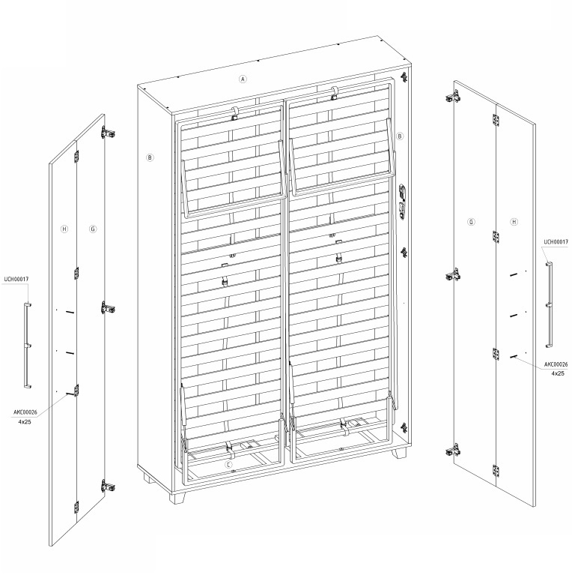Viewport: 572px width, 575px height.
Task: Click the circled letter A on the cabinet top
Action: click(x=243, y=79)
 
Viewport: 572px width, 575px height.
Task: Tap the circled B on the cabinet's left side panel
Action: click(x=150, y=157)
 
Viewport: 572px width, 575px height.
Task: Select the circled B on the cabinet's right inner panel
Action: click(x=400, y=136)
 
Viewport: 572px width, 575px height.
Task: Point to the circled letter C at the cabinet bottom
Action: click(x=228, y=466)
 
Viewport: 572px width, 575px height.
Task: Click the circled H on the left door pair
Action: click(x=64, y=229)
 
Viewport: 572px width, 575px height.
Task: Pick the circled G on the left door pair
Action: click(x=93, y=229)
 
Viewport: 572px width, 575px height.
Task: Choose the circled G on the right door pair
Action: click(x=471, y=222)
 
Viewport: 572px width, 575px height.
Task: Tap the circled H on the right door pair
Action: click(x=514, y=222)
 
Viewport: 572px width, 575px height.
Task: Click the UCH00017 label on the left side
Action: click(x=16, y=279)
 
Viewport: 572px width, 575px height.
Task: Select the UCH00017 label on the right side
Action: click(x=556, y=241)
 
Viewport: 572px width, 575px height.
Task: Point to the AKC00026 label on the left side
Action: click(x=25, y=412)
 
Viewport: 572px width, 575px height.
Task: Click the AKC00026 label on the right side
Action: click(x=556, y=364)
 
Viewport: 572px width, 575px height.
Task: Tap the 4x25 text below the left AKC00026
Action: click(x=25, y=422)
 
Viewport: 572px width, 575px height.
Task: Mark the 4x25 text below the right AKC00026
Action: click(x=558, y=373)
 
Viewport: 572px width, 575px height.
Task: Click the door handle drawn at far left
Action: click(x=26, y=346)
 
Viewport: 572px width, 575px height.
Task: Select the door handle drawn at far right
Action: click(x=550, y=304)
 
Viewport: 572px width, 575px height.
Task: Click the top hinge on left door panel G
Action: click(x=108, y=133)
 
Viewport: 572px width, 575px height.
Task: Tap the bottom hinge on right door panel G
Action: click(x=452, y=451)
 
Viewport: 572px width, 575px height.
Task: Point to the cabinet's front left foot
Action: click(x=177, y=498)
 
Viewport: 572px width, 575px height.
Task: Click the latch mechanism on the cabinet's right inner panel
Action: click(x=403, y=202)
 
